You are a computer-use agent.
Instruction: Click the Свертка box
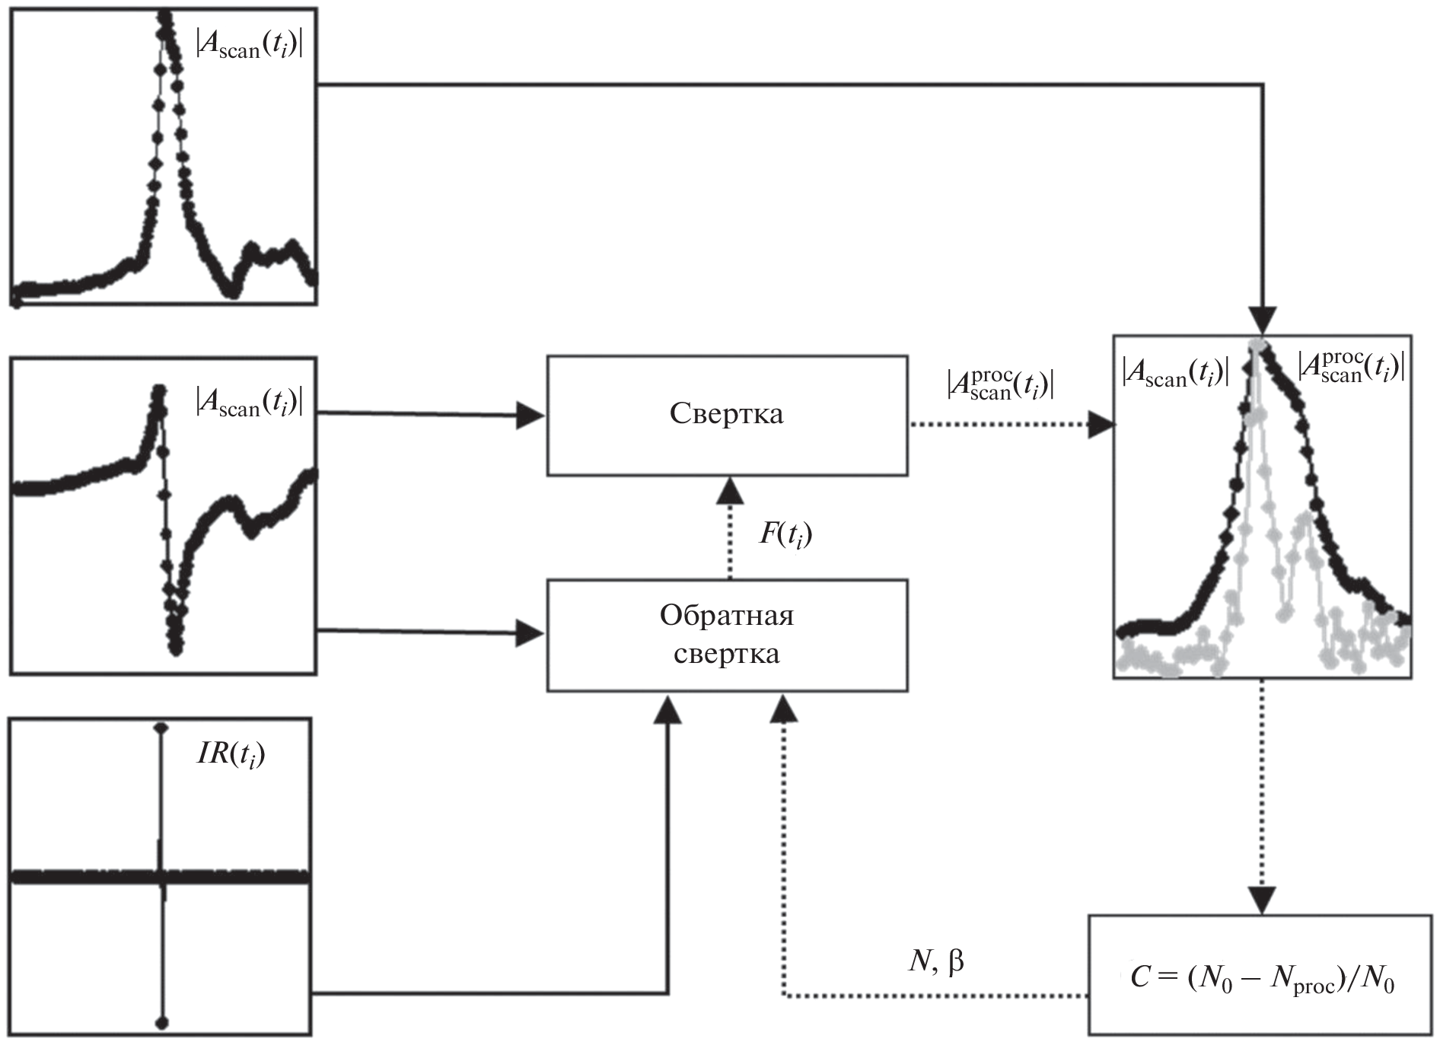point(727,416)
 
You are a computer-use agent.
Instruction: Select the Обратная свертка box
point(727,635)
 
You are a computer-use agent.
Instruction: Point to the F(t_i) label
point(785,534)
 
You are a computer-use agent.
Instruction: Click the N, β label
point(935,962)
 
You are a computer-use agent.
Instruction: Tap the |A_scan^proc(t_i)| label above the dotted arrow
point(1000,385)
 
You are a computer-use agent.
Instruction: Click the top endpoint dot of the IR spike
point(161,728)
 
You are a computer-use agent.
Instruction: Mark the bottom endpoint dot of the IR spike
point(161,1022)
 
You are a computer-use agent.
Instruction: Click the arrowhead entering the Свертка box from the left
point(531,416)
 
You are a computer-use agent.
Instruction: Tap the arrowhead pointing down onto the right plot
point(1262,320)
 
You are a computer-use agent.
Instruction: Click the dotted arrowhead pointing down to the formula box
point(1262,900)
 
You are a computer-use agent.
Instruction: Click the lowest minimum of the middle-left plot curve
point(176,648)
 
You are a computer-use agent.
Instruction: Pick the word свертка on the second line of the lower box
point(727,654)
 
